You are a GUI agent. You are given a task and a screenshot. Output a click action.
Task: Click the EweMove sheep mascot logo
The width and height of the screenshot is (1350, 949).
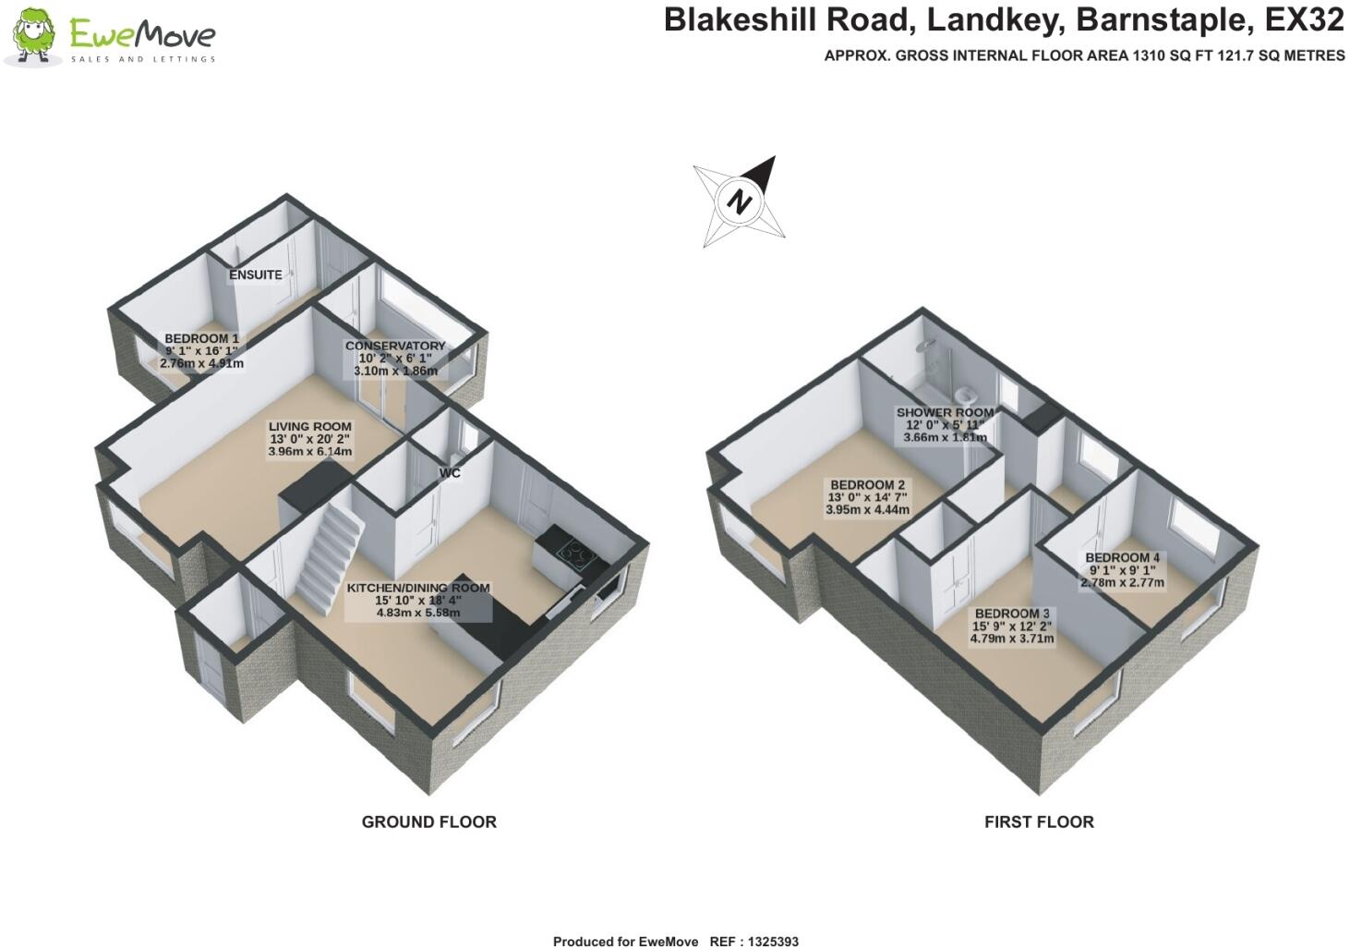click(34, 36)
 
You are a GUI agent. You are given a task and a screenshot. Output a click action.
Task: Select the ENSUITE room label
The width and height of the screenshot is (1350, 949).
click(256, 275)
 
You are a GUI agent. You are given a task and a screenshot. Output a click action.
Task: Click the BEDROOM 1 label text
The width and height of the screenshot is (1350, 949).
click(201, 339)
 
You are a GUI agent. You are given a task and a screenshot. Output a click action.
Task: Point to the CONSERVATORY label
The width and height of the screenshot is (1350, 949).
click(395, 346)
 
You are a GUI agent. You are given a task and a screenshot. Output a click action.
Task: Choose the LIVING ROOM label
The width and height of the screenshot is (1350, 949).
click(309, 426)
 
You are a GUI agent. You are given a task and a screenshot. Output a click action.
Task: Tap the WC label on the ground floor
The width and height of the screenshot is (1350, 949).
click(450, 473)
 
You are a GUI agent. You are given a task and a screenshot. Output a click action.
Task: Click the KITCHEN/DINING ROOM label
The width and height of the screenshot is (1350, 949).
click(418, 588)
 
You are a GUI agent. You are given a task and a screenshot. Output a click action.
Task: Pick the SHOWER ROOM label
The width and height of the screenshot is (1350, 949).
click(945, 412)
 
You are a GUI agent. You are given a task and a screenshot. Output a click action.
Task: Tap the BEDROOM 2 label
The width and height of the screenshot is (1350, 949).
click(867, 485)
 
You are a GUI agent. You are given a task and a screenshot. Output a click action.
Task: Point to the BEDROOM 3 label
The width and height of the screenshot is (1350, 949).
click(1012, 614)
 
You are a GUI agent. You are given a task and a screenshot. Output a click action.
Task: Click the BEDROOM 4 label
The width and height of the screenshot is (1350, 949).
click(1122, 558)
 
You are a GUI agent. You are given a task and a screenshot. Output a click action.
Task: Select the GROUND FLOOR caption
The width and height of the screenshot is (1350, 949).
click(429, 821)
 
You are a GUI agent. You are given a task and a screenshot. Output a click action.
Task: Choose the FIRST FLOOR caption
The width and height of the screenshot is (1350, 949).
click(1039, 821)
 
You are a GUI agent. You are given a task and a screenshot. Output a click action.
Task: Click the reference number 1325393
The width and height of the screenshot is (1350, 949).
click(773, 942)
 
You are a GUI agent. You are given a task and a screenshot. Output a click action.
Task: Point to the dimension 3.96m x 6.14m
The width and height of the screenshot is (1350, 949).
click(309, 451)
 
